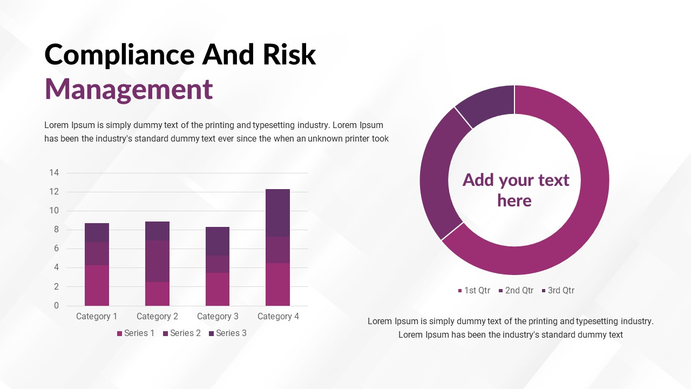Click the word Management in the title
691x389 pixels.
(x=128, y=90)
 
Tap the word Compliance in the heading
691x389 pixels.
(x=120, y=55)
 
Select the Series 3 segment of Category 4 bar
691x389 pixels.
(x=277, y=213)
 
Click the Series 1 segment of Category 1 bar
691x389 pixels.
(x=97, y=285)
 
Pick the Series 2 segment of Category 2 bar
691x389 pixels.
(x=157, y=261)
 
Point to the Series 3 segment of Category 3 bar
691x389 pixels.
(x=218, y=241)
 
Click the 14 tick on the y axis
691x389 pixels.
(x=54, y=172)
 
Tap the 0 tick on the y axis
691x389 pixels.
(x=56, y=306)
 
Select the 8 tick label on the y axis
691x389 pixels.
(x=56, y=230)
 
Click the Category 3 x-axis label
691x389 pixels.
(x=218, y=316)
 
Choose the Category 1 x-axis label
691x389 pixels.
(x=97, y=316)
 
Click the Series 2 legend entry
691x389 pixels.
(x=182, y=333)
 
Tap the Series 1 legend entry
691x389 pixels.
(x=136, y=333)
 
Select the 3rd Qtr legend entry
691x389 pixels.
(x=558, y=291)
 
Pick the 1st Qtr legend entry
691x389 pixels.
(x=474, y=291)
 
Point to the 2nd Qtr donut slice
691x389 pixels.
(x=438, y=173)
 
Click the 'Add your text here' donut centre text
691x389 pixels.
(x=515, y=190)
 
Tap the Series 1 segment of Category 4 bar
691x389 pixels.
(x=277, y=284)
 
